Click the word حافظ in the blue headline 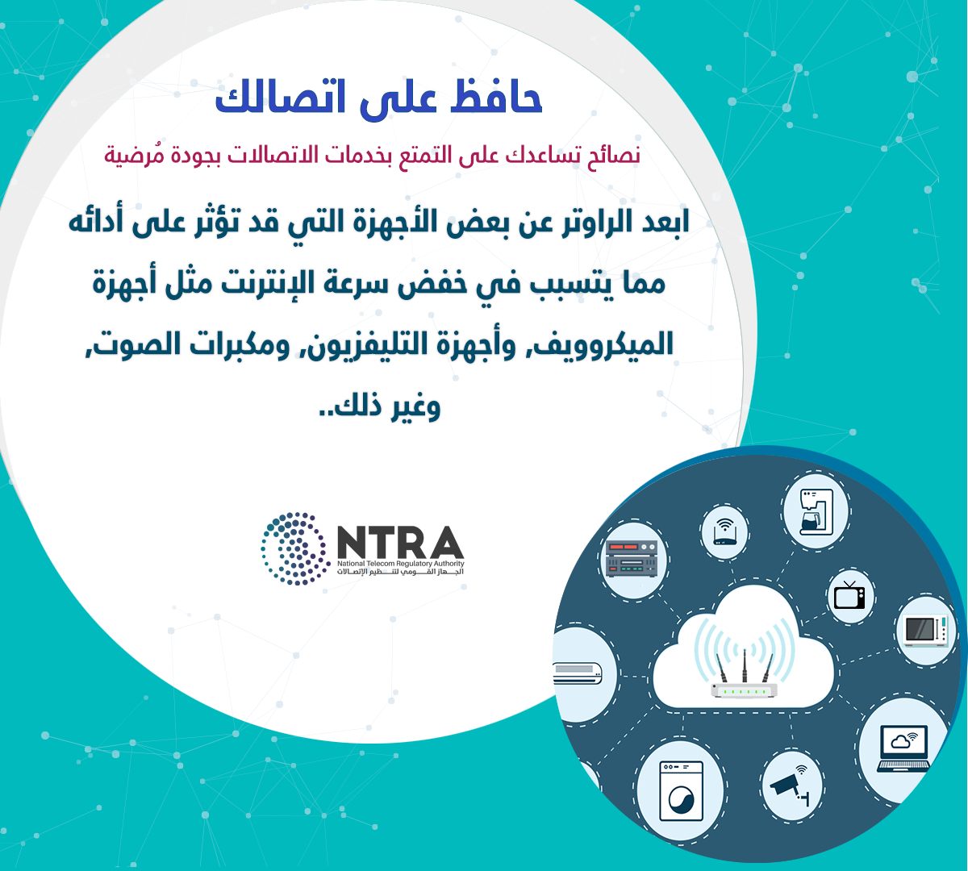(x=496, y=97)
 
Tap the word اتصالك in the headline (x=280, y=97)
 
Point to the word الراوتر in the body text (x=596, y=223)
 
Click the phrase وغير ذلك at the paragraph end (x=379, y=406)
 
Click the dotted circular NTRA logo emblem (x=294, y=548)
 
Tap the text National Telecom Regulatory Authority (x=401, y=563)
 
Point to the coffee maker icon (x=816, y=511)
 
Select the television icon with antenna (x=849, y=595)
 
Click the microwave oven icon (x=925, y=631)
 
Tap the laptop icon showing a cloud (x=903, y=748)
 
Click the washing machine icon (x=681, y=791)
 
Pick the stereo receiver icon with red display (x=631, y=559)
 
